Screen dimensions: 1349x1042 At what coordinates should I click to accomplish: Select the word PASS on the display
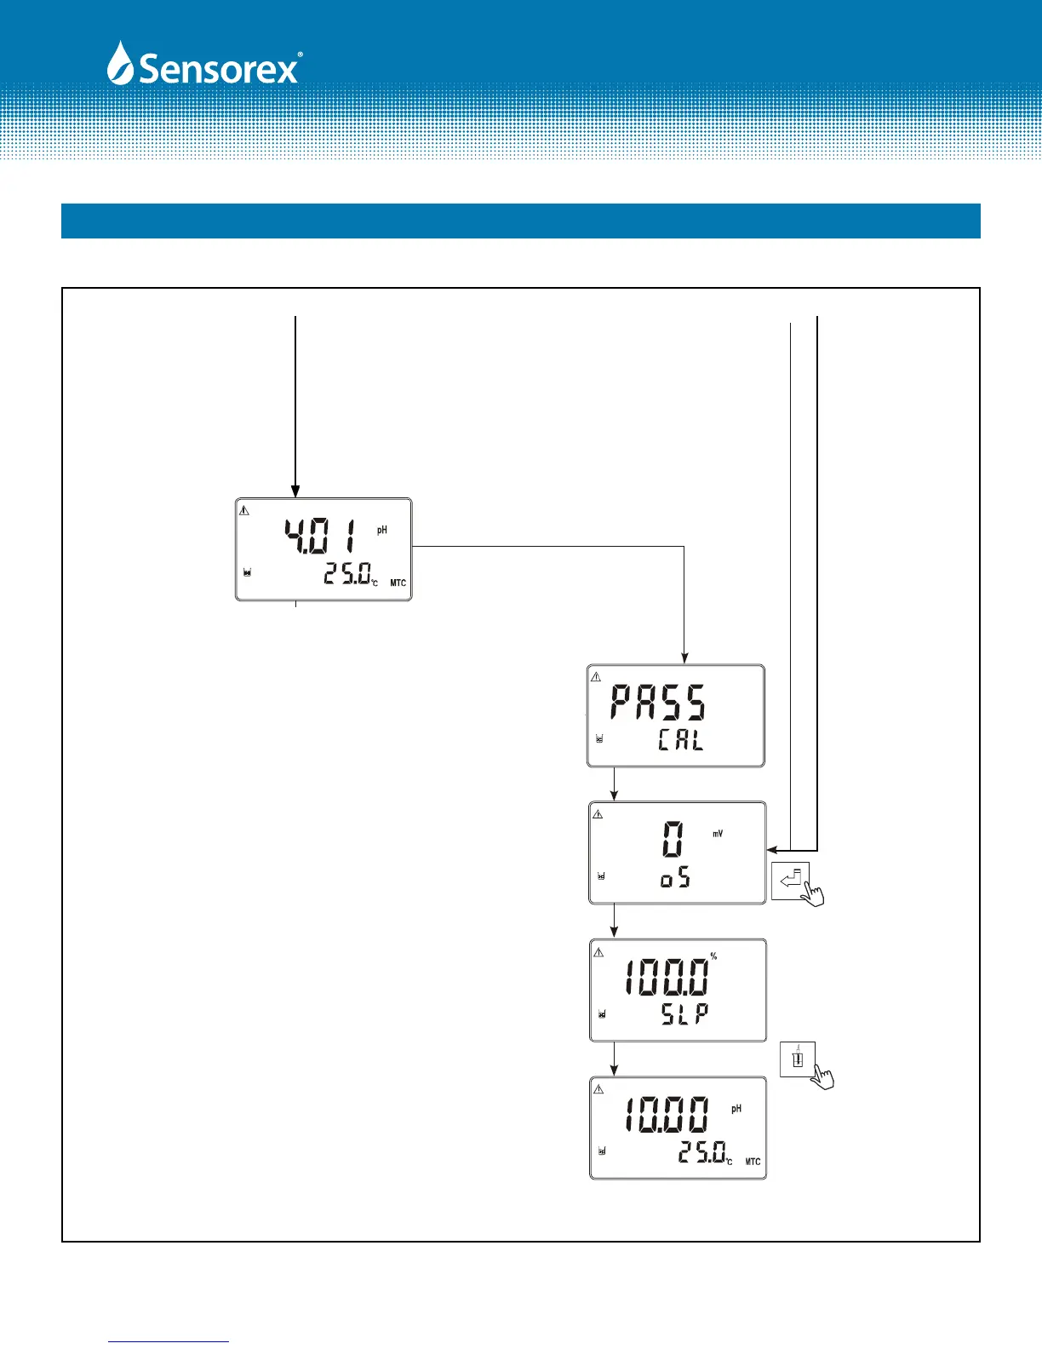pos(658,703)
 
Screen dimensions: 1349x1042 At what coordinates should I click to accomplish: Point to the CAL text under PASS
pos(681,739)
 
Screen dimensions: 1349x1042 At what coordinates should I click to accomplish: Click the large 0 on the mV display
pos(673,838)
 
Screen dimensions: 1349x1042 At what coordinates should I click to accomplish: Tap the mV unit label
pos(718,834)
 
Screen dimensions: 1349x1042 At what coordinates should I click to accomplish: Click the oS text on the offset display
pos(676,878)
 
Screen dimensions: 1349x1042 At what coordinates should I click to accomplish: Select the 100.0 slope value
pos(666,977)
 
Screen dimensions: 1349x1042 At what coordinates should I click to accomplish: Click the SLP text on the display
pos(685,1013)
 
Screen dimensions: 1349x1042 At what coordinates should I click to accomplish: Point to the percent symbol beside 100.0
pos(713,956)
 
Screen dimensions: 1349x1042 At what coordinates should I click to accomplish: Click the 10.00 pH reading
pos(667,1114)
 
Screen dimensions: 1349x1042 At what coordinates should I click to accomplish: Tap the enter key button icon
pos(791,881)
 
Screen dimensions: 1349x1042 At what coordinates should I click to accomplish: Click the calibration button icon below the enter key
pos(798,1059)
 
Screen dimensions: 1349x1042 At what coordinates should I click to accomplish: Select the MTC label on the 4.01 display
pos(398,583)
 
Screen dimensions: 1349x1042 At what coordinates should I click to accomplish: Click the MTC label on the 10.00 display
pos(753,1162)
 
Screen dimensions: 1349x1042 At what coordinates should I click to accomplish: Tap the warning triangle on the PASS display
pos(596,678)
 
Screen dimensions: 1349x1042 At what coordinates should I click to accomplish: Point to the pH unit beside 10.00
pos(736,1109)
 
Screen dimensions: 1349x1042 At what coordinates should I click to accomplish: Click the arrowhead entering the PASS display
pos(684,657)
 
